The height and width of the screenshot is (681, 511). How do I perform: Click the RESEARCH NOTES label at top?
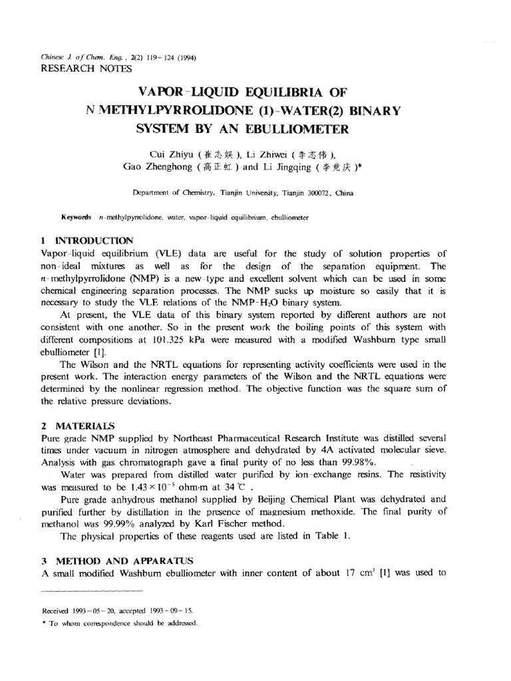[x=86, y=68]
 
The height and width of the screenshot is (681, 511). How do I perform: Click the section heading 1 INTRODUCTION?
[x=86, y=239]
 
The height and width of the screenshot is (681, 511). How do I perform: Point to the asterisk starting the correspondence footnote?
[x=43, y=624]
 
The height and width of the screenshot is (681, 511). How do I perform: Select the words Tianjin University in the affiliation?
[x=251, y=194]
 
